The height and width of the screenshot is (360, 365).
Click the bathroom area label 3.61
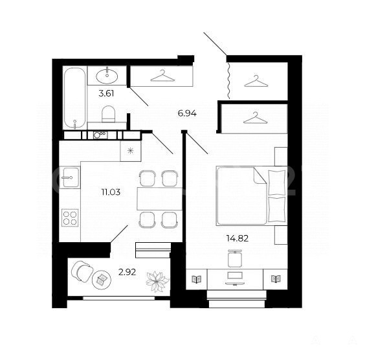click(x=106, y=94)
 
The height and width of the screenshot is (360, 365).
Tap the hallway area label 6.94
click(x=187, y=114)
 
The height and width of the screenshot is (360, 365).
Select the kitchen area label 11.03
click(x=111, y=192)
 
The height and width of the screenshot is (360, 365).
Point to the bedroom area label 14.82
click(x=238, y=238)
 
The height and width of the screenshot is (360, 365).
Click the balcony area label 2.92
click(x=127, y=272)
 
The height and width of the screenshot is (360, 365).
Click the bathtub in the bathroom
click(x=74, y=98)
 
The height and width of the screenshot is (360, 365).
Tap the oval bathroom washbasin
click(x=107, y=75)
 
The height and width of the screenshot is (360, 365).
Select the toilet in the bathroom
click(x=109, y=114)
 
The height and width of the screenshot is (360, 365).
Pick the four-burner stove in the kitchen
click(x=70, y=218)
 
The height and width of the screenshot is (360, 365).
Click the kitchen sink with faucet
click(x=70, y=177)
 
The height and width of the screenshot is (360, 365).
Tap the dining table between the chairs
click(x=159, y=199)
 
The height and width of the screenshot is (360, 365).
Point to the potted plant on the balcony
click(x=157, y=282)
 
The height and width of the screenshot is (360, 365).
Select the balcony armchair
click(x=82, y=271)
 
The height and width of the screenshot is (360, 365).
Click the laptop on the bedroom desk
click(x=235, y=278)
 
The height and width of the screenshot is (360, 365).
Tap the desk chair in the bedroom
click(x=235, y=258)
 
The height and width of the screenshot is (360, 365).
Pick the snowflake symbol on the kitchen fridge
click(x=130, y=151)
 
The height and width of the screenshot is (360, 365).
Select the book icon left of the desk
click(x=197, y=279)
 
